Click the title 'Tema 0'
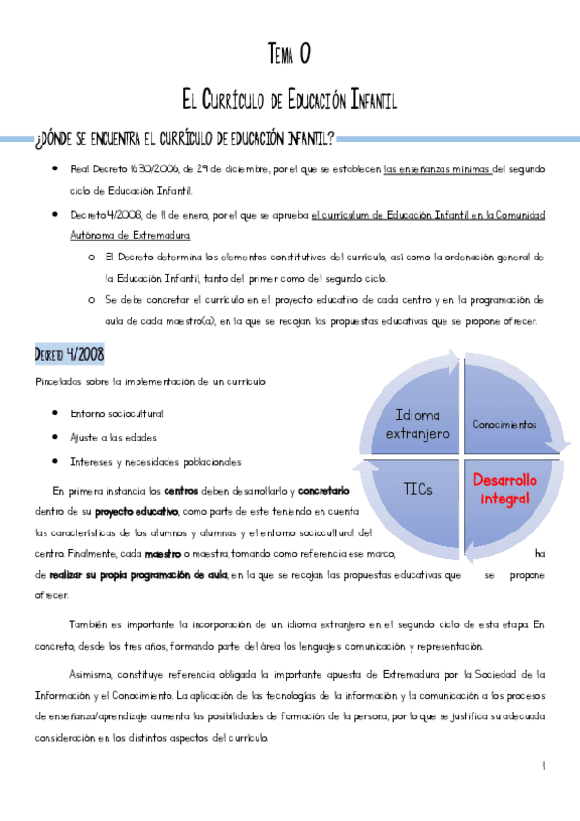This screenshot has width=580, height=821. [x=288, y=54]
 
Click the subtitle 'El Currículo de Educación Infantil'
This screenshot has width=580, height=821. [x=290, y=100]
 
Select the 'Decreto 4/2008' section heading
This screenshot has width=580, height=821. [x=69, y=353]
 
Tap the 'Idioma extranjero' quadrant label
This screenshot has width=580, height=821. [x=417, y=424]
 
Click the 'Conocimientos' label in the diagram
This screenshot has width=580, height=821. [x=504, y=424]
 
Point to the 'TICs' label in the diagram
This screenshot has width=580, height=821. [x=417, y=489]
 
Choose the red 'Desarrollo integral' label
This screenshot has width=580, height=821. [x=504, y=489]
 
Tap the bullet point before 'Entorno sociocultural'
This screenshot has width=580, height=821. [x=59, y=413]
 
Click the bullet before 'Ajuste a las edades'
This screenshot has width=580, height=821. [x=59, y=438]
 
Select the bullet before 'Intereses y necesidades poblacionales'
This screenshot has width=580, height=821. [x=59, y=462]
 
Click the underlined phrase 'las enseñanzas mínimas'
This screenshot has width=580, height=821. [x=438, y=169]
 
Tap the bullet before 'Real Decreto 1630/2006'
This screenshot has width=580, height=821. [x=59, y=169]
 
